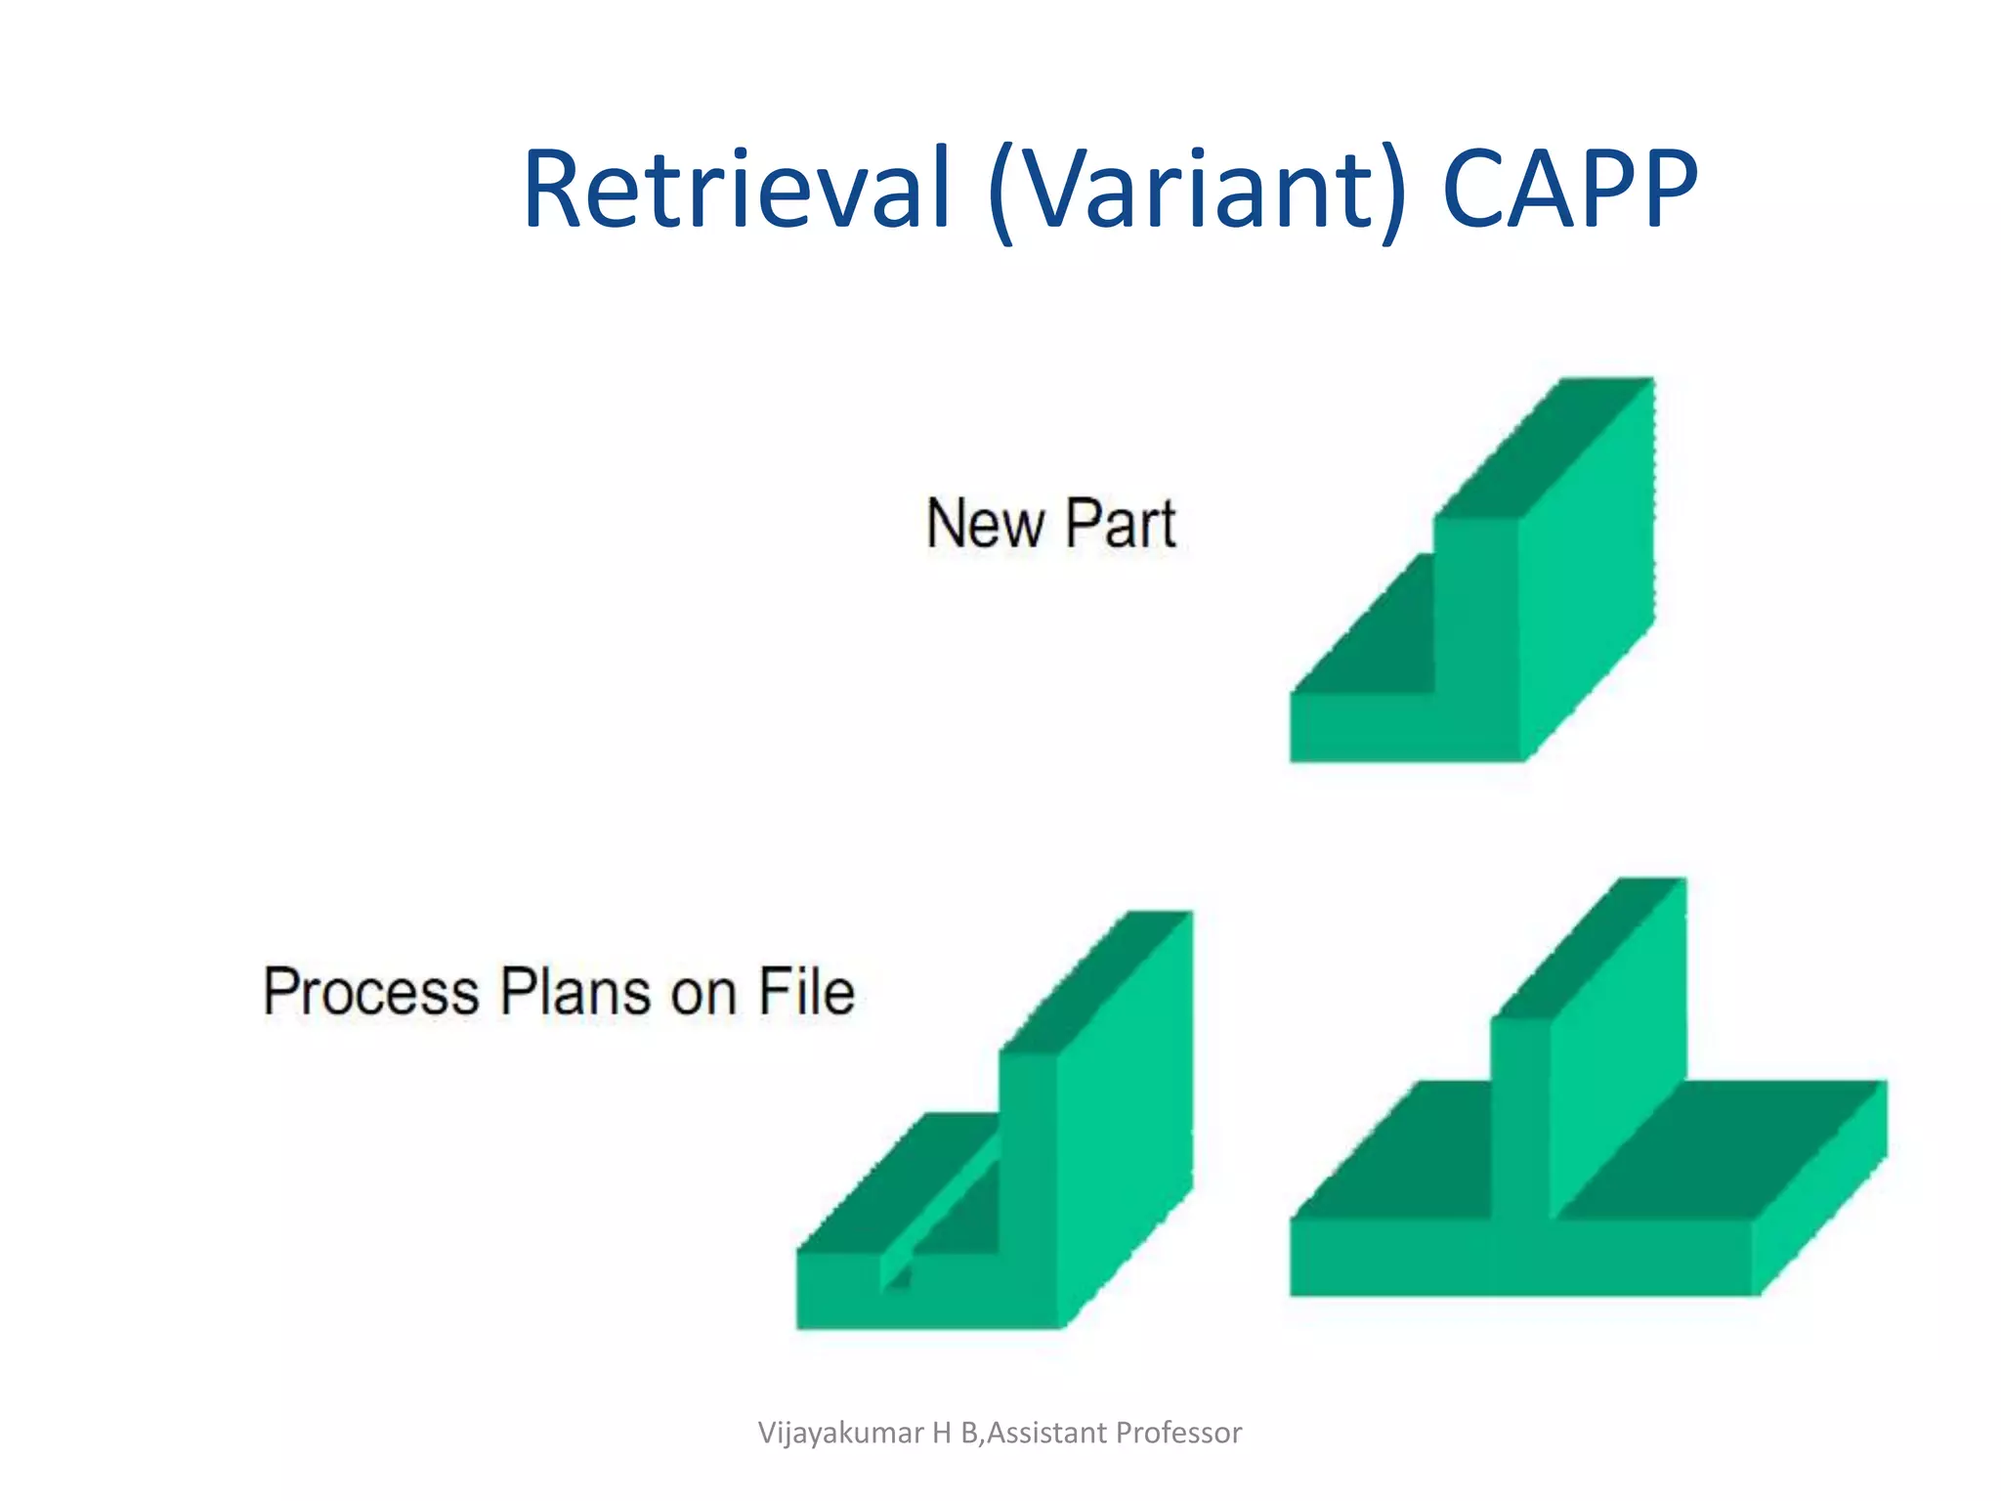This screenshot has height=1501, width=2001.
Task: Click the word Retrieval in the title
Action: point(737,188)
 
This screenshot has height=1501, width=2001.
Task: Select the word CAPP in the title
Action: point(1569,188)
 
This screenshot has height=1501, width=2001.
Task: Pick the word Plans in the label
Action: point(575,991)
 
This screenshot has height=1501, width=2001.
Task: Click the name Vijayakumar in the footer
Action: point(840,1433)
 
